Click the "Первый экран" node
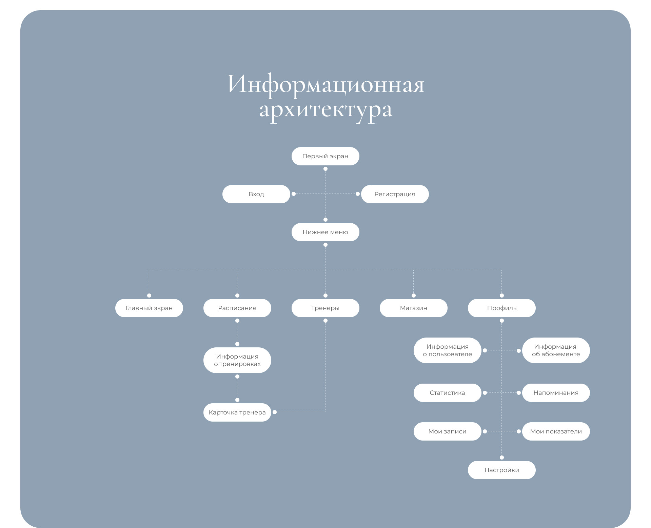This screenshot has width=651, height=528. coord(325,156)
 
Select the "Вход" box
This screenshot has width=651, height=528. coord(256,194)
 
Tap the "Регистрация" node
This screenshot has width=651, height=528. coord(395,194)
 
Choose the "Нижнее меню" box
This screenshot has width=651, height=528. coord(325,232)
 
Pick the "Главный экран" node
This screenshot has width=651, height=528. coord(149,308)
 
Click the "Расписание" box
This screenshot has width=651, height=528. coord(237,308)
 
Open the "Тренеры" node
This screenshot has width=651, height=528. coord(325,308)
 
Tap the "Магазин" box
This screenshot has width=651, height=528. coord(413,308)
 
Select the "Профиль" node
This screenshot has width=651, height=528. coord(501,308)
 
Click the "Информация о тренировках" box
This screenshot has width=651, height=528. coord(237,360)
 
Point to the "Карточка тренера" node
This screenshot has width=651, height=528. coord(237,412)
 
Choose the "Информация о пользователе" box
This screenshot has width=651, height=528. coord(447,350)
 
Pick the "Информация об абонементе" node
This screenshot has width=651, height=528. coord(556,350)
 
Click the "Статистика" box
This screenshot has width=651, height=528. coord(447,393)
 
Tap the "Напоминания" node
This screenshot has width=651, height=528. coord(556,393)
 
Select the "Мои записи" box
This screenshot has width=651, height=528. coord(447,431)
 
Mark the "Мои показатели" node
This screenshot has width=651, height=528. coord(556,431)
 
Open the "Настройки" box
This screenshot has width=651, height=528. coord(501,470)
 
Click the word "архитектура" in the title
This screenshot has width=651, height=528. coord(325,110)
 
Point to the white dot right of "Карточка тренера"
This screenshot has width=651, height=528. coord(275,412)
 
